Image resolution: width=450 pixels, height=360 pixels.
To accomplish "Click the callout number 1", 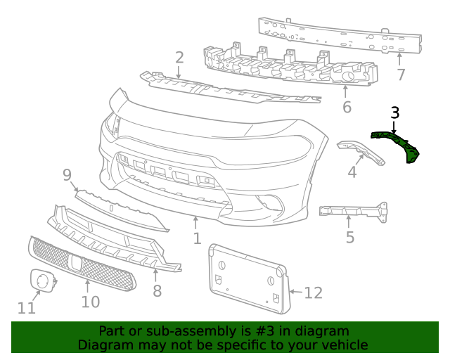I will click(x=198, y=238).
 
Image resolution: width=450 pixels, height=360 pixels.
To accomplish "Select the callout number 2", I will click(x=179, y=58).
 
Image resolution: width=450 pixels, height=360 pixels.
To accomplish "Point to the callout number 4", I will click(x=352, y=171).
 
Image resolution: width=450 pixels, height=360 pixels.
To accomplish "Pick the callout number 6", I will click(x=347, y=107).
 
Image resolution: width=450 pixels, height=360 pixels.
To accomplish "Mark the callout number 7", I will click(x=401, y=75).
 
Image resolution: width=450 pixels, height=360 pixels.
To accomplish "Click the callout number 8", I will click(x=157, y=289).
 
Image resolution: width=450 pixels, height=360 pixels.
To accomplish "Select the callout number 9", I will click(x=67, y=174).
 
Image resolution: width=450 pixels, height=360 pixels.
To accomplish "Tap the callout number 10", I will click(x=90, y=302).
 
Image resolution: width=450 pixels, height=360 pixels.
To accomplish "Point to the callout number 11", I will click(x=26, y=308).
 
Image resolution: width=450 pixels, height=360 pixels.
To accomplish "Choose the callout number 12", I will click(x=313, y=291).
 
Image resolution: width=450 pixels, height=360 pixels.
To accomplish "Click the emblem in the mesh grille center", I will click(x=75, y=262).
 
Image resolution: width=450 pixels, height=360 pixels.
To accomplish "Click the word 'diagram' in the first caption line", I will click(x=323, y=331).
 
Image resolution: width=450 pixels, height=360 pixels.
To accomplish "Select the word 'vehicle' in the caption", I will click(x=340, y=345).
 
